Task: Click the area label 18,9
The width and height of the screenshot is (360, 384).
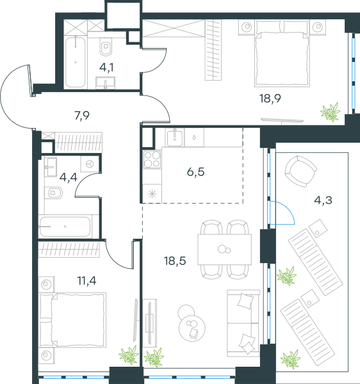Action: pos(270,99)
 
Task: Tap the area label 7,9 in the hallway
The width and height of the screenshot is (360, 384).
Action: pos(82,116)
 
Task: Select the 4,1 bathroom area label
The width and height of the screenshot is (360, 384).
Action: pos(106,67)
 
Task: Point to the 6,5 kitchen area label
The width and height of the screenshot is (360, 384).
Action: pos(195,172)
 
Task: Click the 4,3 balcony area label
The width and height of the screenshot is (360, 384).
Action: pos(323,200)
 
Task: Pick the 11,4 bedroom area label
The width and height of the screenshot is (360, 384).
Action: pos(86,281)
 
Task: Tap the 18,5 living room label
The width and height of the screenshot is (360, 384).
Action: pos(175,261)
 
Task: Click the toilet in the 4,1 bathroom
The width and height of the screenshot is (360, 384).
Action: pos(106,47)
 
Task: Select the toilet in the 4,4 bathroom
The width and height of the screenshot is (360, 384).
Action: pos(53,193)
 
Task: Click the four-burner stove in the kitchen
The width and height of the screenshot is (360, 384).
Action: pos(152,159)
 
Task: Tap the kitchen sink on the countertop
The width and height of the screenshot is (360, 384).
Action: pos(175,138)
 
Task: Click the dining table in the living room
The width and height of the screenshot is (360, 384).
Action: pos(225,250)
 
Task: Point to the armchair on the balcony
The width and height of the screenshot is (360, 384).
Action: pos(300,171)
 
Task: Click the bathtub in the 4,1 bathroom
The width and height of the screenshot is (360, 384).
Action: pos(76,62)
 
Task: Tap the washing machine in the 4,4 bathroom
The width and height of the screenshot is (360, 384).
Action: pos(90,164)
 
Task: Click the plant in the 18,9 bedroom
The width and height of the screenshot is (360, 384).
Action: pos(330,112)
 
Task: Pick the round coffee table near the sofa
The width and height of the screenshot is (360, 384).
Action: pos(192,327)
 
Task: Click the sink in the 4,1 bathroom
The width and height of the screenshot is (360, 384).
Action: pos(106,83)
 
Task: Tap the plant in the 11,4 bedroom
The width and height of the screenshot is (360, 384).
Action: pos(129,355)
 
